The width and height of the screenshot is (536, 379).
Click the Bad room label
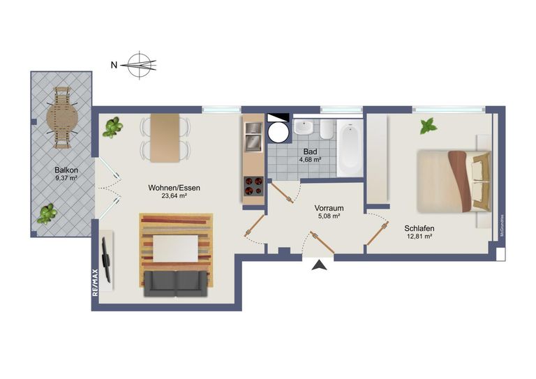[311, 151]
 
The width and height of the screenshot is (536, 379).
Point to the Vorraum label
[327, 207]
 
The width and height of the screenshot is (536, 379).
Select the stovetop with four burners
[253, 186]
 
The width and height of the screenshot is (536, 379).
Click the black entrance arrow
[320, 265]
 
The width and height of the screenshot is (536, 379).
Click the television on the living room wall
[106, 259]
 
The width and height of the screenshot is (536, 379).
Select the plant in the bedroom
[428, 126]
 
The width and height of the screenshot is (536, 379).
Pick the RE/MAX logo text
[96, 283]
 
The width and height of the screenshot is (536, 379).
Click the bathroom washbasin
[304, 128]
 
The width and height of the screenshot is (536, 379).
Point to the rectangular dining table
[165, 138]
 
